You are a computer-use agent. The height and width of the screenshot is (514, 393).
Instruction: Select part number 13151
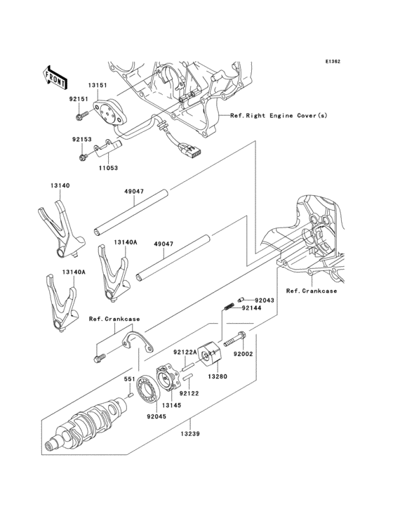[98, 86]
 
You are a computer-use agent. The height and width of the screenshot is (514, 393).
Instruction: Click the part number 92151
[78, 100]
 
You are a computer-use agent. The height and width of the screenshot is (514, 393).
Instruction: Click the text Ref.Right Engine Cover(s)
[278, 115]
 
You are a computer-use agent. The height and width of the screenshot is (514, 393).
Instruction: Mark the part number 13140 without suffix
[60, 185]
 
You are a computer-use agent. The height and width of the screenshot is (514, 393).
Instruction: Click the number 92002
[243, 355]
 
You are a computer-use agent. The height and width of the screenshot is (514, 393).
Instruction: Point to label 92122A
[185, 352]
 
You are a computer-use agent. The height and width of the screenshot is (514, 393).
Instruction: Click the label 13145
[172, 405]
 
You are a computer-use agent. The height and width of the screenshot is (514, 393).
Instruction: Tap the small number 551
[129, 379]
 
